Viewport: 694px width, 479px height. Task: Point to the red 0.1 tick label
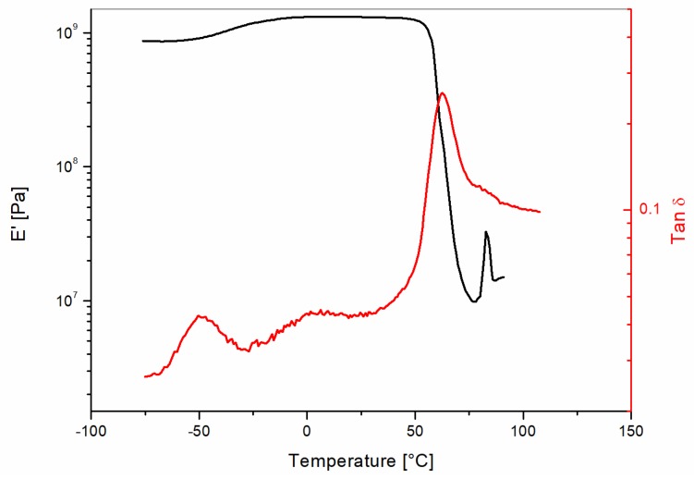(x=648, y=210)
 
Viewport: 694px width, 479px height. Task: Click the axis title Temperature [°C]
(x=360, y=460)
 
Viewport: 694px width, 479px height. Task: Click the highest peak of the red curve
(x=443, y=92)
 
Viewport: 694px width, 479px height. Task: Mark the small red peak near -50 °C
(x=200, y=316)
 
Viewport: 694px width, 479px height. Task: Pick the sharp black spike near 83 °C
(x=486, y=232)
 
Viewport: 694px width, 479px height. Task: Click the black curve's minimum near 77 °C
(x=473, y=301)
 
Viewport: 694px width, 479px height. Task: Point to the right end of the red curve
(x=540, y=212)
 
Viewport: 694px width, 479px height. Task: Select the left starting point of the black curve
(x=142, y=41)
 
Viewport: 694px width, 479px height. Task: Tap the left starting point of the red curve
(x=145, y=376)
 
